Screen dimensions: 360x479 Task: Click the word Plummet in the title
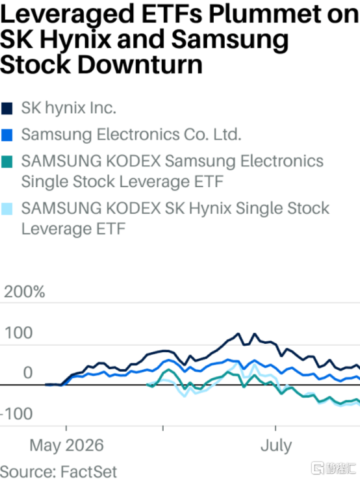[264, 14]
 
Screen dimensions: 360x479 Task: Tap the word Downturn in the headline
[140, 65]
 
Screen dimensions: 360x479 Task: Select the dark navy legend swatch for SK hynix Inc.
[6, 109]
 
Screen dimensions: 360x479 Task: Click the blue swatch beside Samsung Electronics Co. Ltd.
[6, 135]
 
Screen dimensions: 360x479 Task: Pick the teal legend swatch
[6, 162]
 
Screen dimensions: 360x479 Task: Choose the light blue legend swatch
[6, 209]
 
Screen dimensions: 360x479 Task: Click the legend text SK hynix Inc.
[69, 108]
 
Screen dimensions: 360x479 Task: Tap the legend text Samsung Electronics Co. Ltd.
[131, 135]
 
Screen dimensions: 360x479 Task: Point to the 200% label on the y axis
[25, 292]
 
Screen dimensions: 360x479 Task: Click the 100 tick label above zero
[19, 333]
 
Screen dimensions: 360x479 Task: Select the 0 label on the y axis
[28, 372]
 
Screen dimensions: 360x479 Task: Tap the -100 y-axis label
[17, 414]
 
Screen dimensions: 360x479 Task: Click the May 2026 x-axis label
[66, 445]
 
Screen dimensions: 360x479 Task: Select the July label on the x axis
[276, 446]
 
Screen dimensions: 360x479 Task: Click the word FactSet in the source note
[88, 471]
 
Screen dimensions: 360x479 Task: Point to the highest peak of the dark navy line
[238, 333]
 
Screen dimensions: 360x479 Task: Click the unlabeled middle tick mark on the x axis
[163, 428]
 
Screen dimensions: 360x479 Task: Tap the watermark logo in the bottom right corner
[333, 468]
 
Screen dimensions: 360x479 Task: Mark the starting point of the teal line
[147, 385]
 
